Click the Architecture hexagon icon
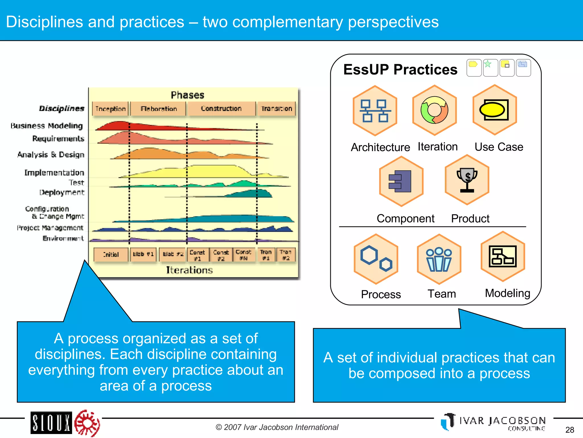coord(375,111)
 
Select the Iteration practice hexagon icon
coord(434,110)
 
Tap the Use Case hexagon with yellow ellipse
coord(494,110)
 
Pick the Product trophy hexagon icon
coord(467,180)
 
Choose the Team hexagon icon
coord(439,259)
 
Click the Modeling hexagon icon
coord(503,256)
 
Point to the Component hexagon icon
coord(401,181)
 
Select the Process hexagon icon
coord(376,259)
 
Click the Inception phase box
coord(110,109)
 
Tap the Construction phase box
coord(221,109)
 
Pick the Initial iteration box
coord(111,254)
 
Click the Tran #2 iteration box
coord(286,255)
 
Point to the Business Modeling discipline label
coord(47,126)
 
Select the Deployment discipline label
coord(62,192)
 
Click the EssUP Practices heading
coord(400,70)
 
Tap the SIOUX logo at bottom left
coord(51,423)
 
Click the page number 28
coord(570,430)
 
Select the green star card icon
coord(490,68)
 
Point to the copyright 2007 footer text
coord(277,427)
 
